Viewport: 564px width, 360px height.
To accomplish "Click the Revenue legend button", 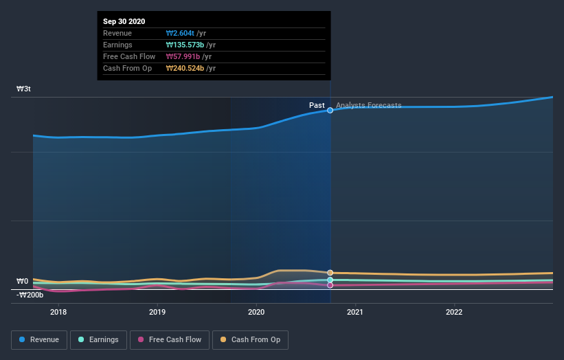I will coord(39,339).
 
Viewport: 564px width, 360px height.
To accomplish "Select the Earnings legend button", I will coord(98,339).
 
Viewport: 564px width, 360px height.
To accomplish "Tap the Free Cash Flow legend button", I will coord(169,339).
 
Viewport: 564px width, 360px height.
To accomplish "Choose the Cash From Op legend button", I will coord(251,339).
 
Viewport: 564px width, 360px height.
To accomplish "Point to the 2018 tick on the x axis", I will coord(58,312).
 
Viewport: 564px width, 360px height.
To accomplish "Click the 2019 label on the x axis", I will coord(157,312).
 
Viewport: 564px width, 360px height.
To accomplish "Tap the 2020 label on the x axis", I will coord(256,312).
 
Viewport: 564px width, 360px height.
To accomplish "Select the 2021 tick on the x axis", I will coord(355,312).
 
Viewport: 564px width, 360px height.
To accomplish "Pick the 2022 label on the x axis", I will coord(454,312).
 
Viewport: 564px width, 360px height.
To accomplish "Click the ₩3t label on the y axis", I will coord(24,89).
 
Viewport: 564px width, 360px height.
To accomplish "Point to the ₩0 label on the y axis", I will coord(23,281).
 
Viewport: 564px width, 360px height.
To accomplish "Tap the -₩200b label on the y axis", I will coord(30,295).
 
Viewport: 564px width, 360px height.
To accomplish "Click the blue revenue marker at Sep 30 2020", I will coord(330,110).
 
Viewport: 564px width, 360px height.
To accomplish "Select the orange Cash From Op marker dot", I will coord(330,273).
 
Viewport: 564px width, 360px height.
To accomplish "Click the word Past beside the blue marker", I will coord(317,105).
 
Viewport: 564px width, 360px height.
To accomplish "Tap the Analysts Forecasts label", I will coord(369,105).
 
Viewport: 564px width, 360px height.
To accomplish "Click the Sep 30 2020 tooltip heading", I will coord(124,22).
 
